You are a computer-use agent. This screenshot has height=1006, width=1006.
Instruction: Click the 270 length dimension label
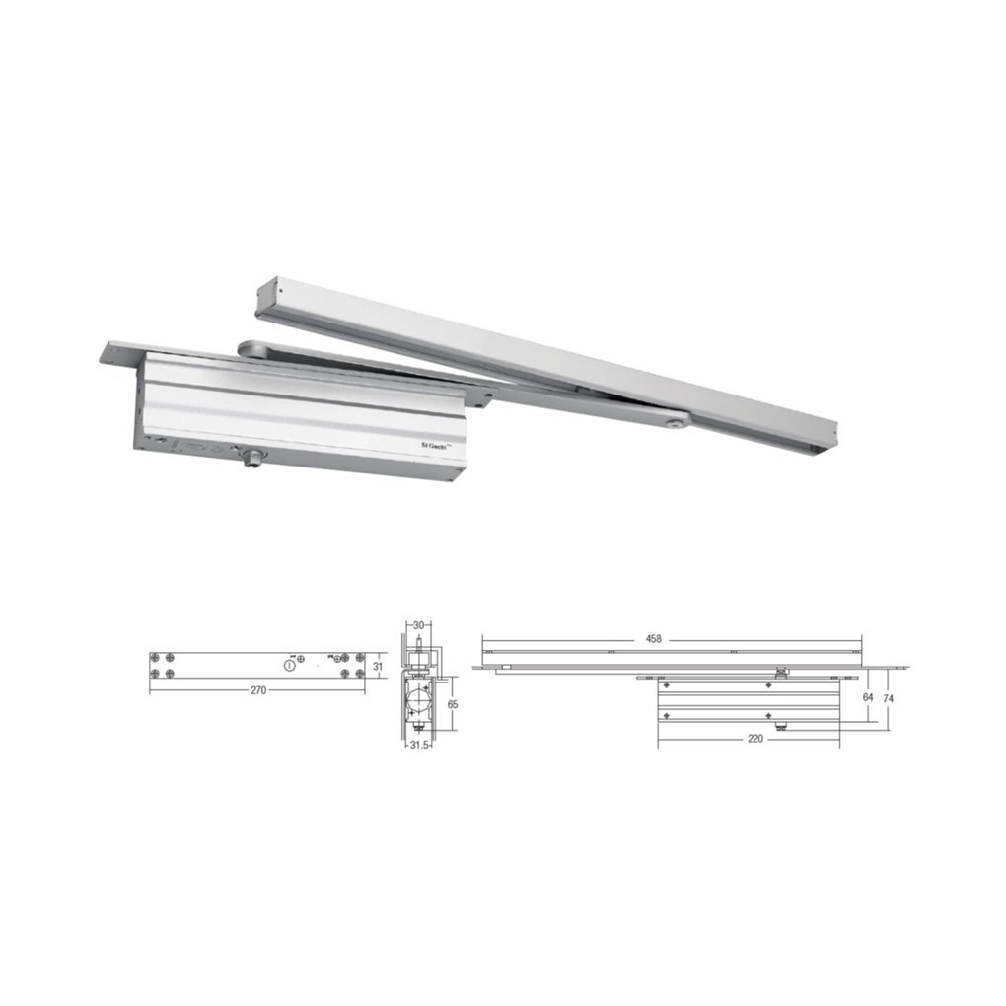click(x=257, y=691)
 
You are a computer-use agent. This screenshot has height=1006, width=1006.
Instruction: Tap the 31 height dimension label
click(x=377, y=666)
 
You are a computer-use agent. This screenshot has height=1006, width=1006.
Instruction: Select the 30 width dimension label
click(x=418, y=625)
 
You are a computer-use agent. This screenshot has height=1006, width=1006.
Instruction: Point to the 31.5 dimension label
click(x=418, y=745)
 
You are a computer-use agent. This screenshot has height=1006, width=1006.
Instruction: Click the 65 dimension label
click(x=453, y=705)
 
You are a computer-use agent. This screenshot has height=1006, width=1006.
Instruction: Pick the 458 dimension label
click(x=653, y=639)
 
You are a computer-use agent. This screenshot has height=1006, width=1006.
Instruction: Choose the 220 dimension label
click(x=755, y=739)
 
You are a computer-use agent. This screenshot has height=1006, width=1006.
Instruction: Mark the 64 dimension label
click(x=868, y=697)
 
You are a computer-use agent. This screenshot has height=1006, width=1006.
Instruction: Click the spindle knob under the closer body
click(x=253, y=458)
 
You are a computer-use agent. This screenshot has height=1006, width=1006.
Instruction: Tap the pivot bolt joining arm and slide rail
click(x=674, y=423)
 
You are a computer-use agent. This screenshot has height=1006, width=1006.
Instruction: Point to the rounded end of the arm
click(x=247, y=347)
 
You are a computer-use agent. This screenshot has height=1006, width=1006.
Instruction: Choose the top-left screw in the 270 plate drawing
click(x=156, y=658)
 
